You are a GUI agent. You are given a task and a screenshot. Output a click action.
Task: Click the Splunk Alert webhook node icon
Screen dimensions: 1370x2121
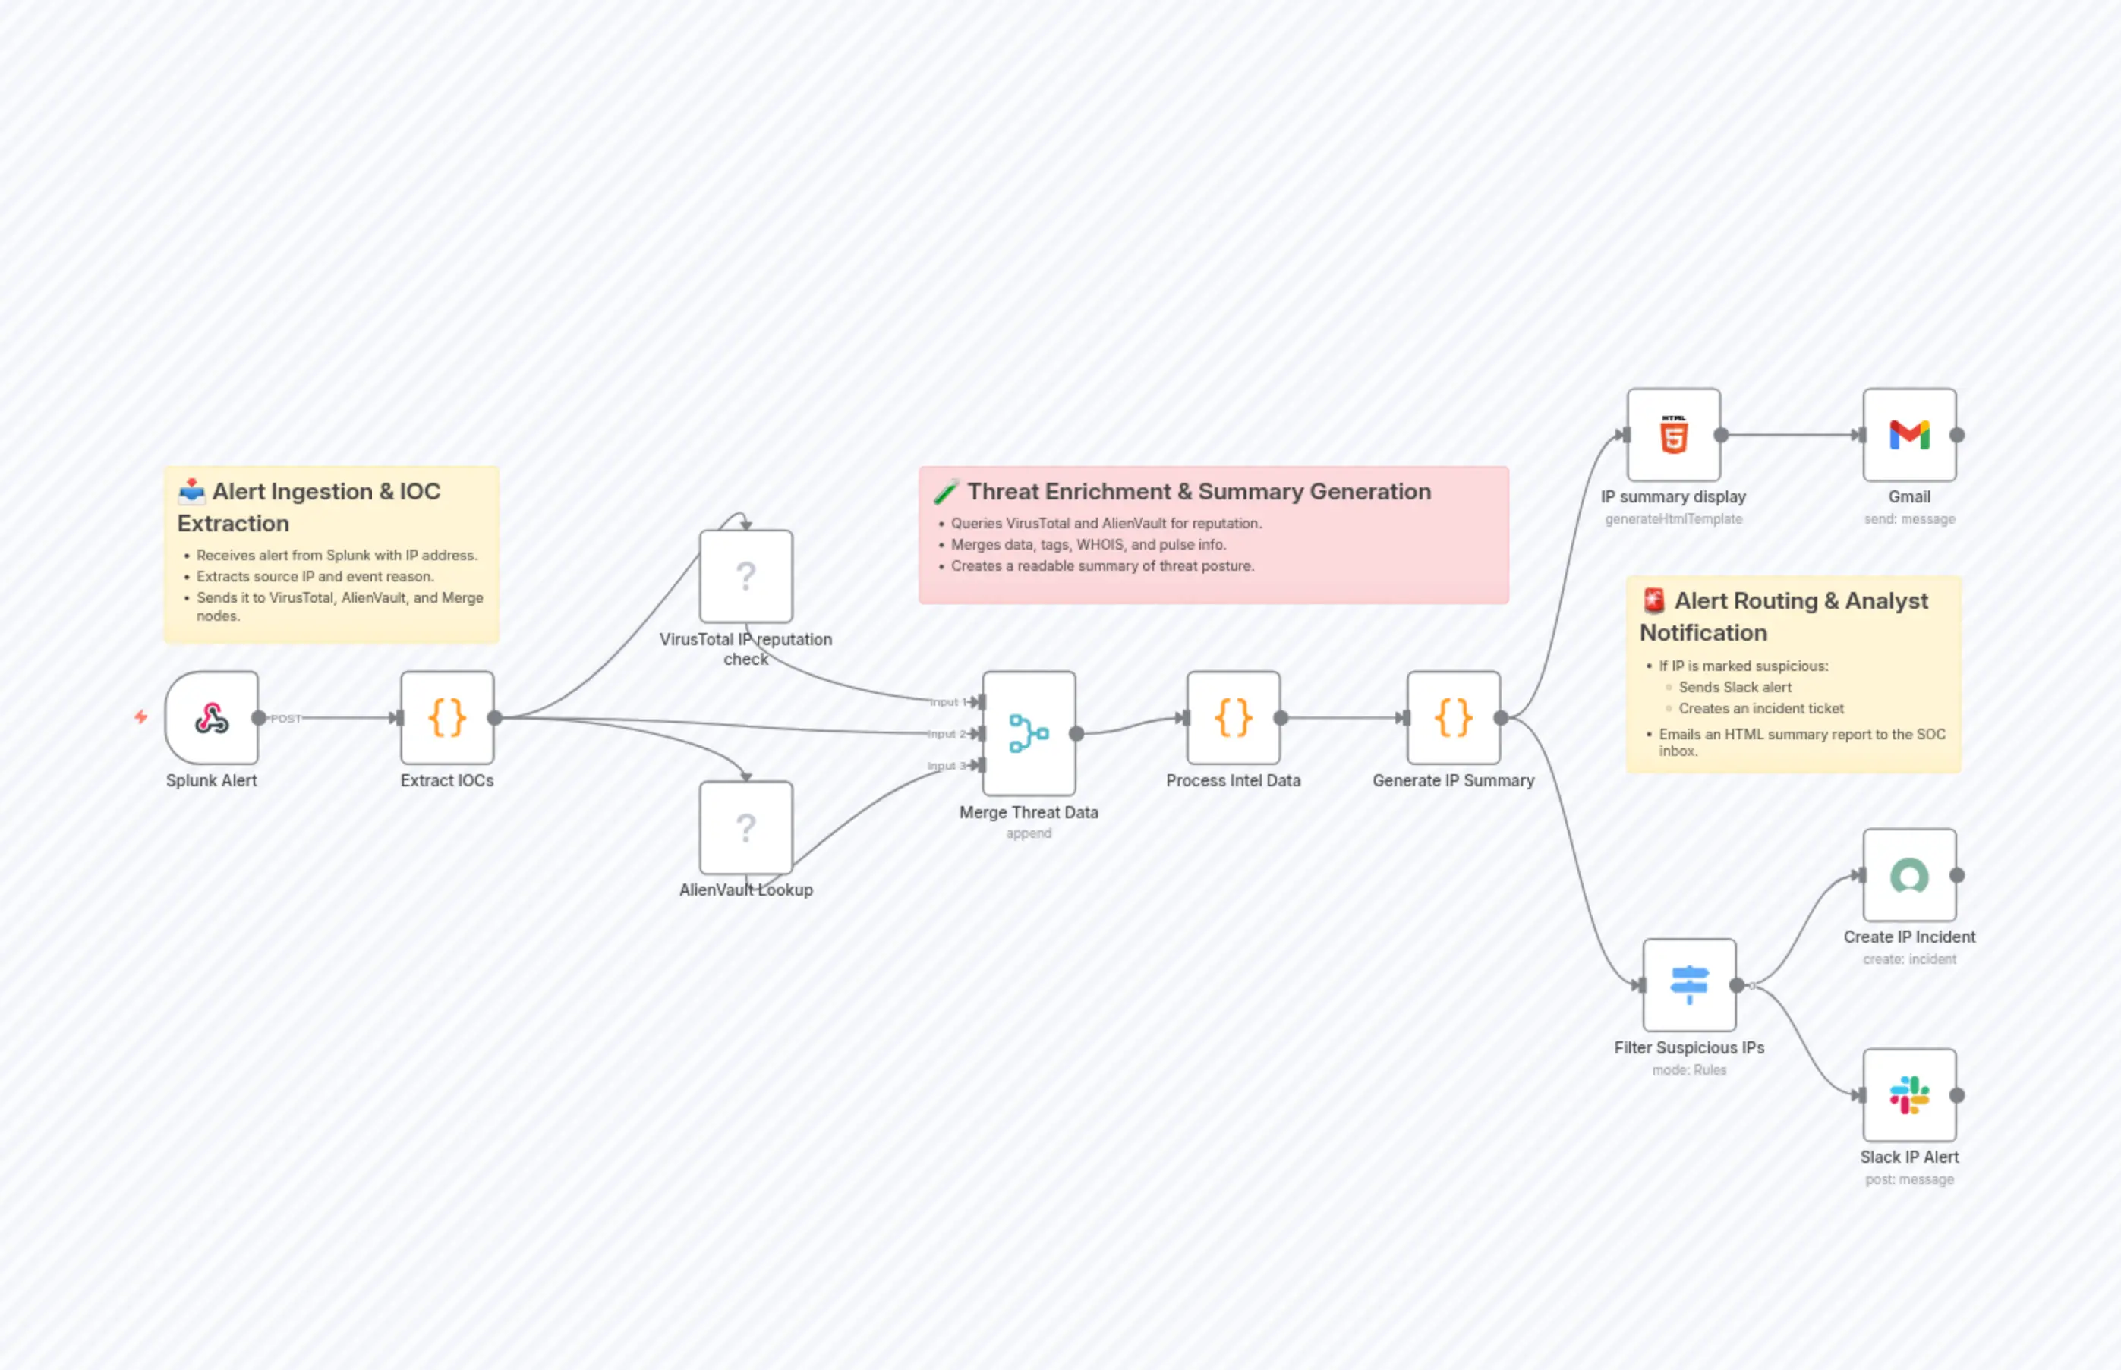click(x=212, y=718)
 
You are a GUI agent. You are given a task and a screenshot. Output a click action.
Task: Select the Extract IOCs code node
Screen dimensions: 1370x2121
click(x=448, y=718)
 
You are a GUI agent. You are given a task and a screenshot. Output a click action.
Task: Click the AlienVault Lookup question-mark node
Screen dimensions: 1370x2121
click(x=745, y=828)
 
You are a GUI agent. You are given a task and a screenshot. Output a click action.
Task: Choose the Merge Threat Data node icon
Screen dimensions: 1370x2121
click(x=1029, y=733)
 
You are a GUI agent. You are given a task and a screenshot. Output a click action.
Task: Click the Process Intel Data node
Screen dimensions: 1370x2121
click(x=1233, y=718)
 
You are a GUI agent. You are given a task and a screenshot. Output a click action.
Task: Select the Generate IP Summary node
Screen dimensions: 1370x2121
click(x=1453, y=718)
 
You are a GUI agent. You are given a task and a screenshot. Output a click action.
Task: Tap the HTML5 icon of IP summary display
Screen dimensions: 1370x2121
click(x=1673, y=435)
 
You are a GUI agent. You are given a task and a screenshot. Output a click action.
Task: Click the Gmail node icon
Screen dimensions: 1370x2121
click(x=1909, y=435)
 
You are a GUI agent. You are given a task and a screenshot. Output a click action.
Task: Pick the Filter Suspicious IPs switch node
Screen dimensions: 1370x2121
click(x=1688, y=984)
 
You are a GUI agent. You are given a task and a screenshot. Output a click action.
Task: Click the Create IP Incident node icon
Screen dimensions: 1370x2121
click(x=1909, y=875)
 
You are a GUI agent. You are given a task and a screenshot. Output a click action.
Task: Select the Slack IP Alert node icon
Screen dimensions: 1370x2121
click(x=1909, y=1095)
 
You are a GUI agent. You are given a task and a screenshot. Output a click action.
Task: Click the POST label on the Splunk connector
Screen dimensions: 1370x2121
click(x=285, y=719)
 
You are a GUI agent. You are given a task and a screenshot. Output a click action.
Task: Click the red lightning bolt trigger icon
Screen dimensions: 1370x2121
click(x=140, y=717)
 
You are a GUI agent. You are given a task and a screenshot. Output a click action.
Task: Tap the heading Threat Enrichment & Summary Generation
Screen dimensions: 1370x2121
click(x=1199, y=492)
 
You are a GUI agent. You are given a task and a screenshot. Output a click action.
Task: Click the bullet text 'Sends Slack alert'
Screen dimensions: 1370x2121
click(x=1734, y=688)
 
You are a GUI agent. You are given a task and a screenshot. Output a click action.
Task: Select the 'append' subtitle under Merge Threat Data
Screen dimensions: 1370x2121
click(x=1029, y=833)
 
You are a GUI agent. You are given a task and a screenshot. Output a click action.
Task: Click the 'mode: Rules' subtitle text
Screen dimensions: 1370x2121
click(x=1688, y=1070)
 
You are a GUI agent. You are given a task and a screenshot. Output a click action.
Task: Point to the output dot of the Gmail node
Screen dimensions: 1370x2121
click(x=1957, y=435)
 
